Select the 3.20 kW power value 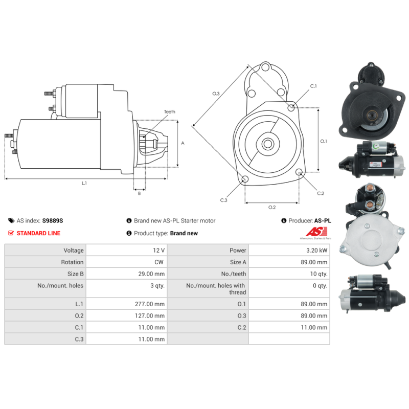tap(320, 251)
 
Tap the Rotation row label tap(73, 262)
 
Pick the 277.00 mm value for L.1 tap(152, 304)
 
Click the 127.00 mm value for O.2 tap(152, 316)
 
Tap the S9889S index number tap(53, 221)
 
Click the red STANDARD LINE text tap(38, 233)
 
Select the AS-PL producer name tap(323, 221)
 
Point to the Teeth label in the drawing tap(169, 112)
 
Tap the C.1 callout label tap(313, 86)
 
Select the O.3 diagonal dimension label tap(216, 94)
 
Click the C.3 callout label tap(223, 200)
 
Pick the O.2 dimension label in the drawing tap(272, 208)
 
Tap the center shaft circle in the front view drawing tap(267, 144)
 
